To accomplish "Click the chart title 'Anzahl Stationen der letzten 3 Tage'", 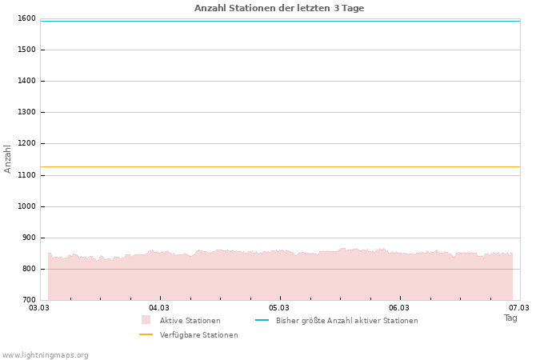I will click(279, 8).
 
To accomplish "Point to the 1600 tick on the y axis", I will click(26, 18).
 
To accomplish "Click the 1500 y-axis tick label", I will click(26, 50).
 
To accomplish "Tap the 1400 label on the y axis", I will click(26, 81).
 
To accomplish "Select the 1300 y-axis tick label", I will click(26, 113).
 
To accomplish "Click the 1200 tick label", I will click(26, 144).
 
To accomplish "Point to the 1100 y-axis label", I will click(26, 175).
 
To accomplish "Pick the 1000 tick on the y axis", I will click(26, 206).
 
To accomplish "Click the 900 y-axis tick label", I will click(28, 238).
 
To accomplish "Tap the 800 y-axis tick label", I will click(28, 269).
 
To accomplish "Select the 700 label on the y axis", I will click(28, 300).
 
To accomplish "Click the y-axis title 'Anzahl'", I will click(8, 158).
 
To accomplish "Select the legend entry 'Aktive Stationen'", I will click(190, 321).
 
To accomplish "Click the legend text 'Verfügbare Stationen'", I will click(198, 335).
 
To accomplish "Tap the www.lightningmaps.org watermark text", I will click(46, 355).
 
